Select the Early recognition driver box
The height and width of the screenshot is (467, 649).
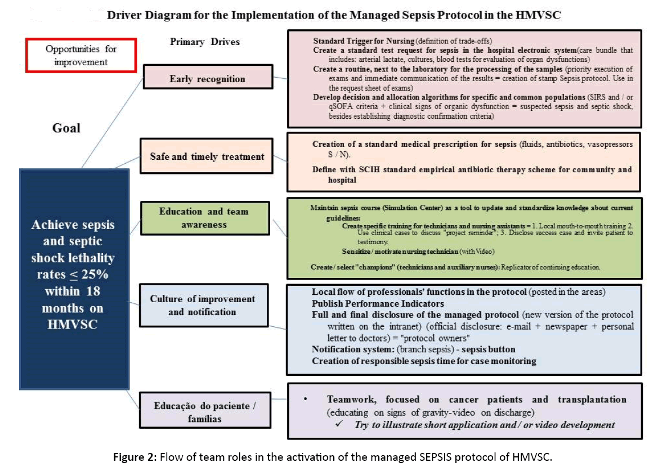click(207, 79)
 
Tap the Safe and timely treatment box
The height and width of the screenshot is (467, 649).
click(207, 156)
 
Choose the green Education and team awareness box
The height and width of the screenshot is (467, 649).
click(204, 218)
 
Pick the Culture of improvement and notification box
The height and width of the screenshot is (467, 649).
click(203, 306)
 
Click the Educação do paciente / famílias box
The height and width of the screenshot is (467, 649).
click(205, 412)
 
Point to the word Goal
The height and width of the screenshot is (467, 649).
click(66, 128)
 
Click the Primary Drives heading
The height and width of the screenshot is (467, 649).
click(205, 42)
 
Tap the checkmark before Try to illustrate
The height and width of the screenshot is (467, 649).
click(339, 424)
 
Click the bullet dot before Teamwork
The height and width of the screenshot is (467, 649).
click(305, 399)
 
